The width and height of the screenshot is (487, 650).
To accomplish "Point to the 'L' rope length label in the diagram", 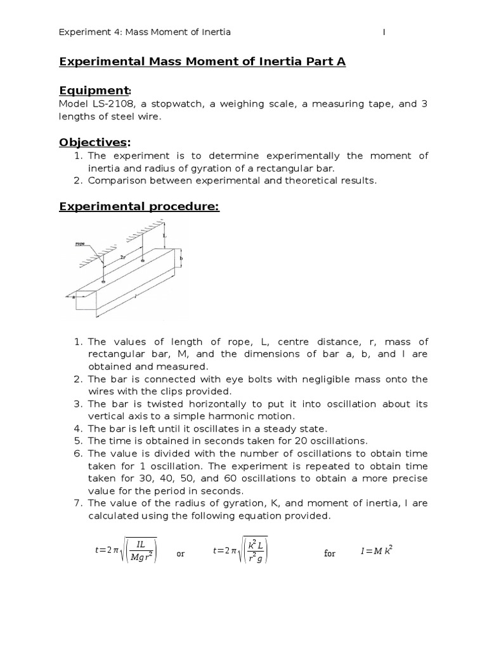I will click(x=166, y=235).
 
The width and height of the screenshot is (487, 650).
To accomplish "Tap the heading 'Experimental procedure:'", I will click(x=139, y=207).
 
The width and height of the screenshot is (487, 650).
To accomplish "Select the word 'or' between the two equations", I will click(x=181, y=554).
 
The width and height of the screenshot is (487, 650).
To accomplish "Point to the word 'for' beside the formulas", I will click(x=330, y=554).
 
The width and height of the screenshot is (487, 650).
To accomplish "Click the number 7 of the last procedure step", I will click(x=79, y=503).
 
